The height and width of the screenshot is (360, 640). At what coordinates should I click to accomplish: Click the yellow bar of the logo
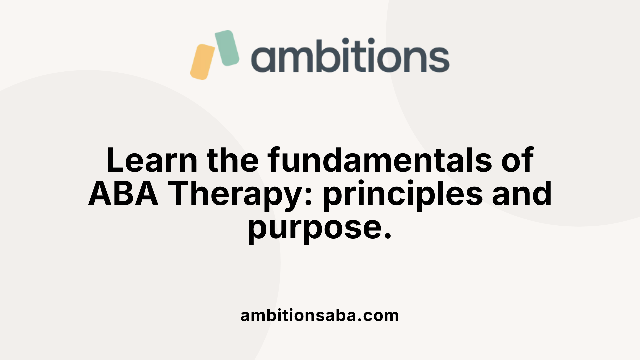(x=202, y=62)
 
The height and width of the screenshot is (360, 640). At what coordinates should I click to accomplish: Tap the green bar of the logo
(x=227, y=48)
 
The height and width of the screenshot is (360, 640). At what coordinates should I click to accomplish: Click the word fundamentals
(x=380, y=160)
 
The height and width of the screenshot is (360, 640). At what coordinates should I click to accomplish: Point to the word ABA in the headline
(x=123, y=194)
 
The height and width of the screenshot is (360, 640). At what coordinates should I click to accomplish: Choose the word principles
(x=403, y=195)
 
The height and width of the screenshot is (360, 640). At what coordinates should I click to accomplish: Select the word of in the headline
(x=518, y=160)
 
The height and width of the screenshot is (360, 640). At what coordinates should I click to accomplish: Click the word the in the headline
(x=232, y=160)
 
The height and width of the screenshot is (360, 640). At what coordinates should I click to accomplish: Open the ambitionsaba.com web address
(x=319, y=315)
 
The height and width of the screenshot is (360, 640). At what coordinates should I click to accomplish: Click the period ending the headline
(x=387, y=236)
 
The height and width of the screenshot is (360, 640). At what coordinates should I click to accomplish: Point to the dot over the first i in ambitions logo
(x=346, y=41)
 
